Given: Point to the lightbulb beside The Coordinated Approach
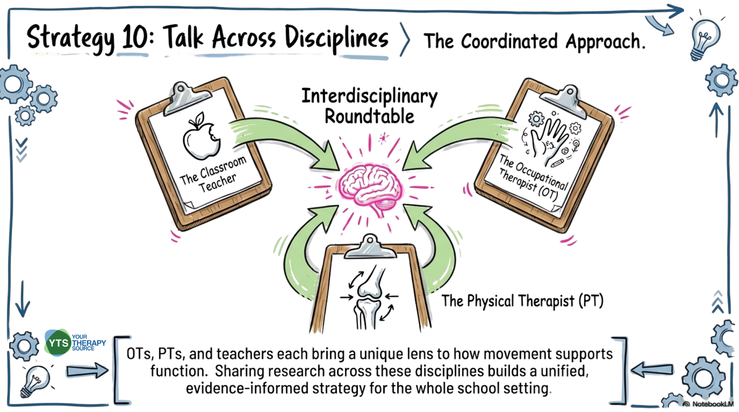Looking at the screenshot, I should coord(705,39).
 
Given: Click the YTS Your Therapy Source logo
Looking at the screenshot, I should coord(75,343).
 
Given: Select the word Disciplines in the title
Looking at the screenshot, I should coord(336,38).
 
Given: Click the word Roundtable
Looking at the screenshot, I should coord(369,117).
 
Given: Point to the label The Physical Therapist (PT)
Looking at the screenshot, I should coord(522,301).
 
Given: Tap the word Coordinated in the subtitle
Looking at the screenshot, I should coord(509,41).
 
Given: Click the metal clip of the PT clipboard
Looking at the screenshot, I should coord(369,247).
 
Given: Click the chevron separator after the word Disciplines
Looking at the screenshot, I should coord(405,39).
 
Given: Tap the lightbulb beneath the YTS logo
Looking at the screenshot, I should coord(36,380).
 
